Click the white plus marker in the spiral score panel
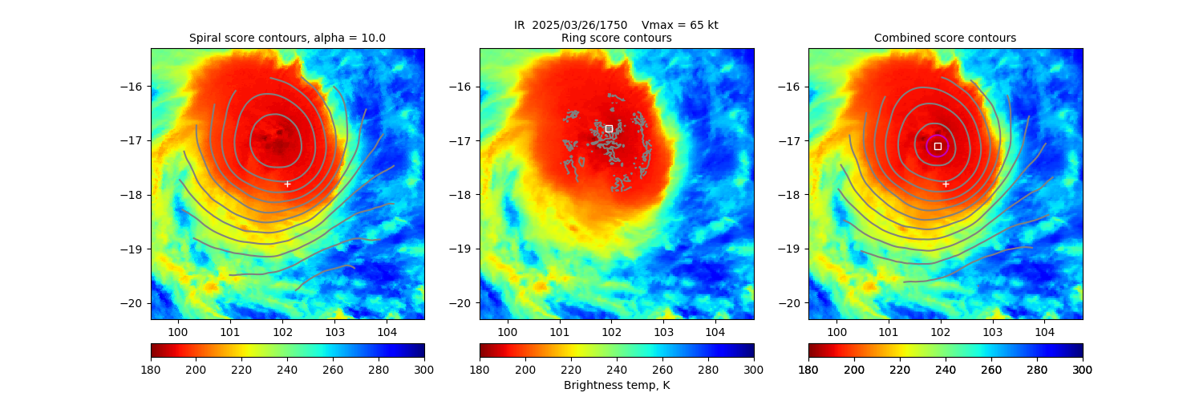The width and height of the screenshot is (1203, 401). coord(287,184)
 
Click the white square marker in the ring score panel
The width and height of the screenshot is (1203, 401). coord(609,128)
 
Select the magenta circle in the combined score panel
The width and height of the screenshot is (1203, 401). coord(938,146)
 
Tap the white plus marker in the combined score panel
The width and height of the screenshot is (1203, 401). coord(946,184)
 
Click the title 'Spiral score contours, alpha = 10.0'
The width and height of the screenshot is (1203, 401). coord(287,38)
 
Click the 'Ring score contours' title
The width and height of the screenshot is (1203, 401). coord(616,38)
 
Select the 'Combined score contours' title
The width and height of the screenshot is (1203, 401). coord(945,38)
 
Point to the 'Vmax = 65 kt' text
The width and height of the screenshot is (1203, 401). coord(680,25)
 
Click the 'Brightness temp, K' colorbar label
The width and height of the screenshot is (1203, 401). coord(616,386)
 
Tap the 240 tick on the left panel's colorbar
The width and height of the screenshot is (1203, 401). coord(287,369)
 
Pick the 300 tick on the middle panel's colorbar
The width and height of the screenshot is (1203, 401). coord(754,369)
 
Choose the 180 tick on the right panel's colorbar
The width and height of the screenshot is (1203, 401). coord(808,369)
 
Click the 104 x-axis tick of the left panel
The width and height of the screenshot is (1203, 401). coord(387,330)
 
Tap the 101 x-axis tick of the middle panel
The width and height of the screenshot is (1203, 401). coord(559,330)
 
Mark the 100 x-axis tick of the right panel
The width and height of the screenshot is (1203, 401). coord(836,330)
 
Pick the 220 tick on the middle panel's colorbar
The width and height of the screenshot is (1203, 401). coord(571,369)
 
